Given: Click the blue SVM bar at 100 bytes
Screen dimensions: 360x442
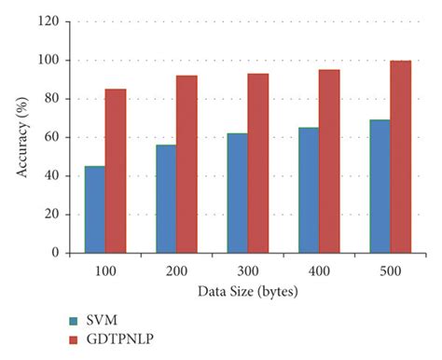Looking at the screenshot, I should pos(94,209).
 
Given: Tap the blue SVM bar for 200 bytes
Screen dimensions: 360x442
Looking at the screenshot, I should pos(159,199).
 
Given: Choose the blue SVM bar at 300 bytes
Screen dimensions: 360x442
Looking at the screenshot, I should pos(223,193).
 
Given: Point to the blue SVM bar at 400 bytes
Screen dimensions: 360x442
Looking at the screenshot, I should pos(287,190).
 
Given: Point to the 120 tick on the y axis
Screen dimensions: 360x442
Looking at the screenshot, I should pos(57,21).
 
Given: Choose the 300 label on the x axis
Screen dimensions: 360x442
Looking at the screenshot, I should pos(233,270).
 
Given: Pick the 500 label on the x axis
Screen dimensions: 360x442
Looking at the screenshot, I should pos(362,270).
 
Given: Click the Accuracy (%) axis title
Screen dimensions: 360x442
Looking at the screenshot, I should pos(21,136).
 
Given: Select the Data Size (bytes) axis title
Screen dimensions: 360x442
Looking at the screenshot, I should pos(233,292).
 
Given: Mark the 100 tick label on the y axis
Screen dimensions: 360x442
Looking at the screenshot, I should pos(57,60).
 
